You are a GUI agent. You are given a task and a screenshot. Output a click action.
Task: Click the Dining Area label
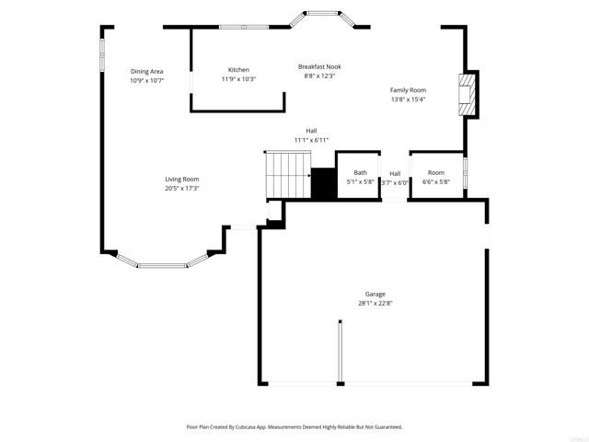146,71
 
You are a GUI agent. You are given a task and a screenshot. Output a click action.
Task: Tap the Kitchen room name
238,70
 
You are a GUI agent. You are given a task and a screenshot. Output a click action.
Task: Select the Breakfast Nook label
319,66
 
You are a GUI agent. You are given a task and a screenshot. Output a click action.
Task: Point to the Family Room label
408,90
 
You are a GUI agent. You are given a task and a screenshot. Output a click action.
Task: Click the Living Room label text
182,179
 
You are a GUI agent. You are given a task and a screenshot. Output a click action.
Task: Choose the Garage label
375,294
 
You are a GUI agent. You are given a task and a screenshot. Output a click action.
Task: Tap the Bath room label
360,172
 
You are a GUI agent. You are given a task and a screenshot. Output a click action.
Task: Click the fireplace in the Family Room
468,94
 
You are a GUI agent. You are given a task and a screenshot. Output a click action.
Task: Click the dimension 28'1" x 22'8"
375,303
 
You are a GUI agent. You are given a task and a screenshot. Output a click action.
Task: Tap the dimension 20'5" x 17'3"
182,188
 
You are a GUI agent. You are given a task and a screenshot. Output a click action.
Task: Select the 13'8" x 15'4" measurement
408,99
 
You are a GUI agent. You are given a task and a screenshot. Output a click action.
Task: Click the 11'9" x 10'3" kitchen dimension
238,79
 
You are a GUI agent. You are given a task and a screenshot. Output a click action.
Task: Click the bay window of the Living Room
165,263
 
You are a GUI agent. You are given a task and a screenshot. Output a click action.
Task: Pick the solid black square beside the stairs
323,183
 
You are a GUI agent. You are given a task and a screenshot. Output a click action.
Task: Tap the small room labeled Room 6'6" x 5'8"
435,177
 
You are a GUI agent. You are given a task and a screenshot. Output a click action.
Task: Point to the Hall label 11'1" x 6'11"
312,135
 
